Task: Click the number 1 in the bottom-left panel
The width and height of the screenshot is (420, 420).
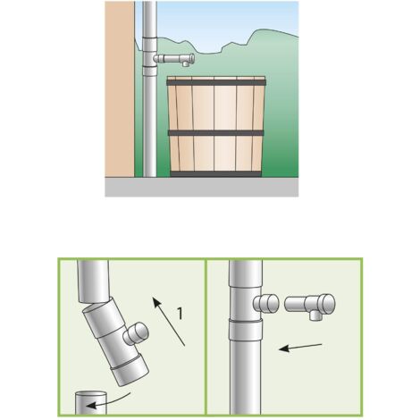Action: [180, 314]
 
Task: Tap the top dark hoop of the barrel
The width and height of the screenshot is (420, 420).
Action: [215, 82]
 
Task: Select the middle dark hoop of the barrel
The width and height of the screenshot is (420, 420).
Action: [216, 133]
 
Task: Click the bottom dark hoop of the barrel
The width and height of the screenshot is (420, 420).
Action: [215, 174]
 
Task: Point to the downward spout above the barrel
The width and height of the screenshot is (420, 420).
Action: [186, 63]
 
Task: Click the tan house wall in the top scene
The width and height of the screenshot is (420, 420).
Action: [120, 88]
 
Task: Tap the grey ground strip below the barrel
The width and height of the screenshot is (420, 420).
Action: [201, 187]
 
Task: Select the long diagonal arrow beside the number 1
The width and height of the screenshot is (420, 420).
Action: [169, 322]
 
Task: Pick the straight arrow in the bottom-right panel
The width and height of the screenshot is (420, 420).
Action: [300, 348]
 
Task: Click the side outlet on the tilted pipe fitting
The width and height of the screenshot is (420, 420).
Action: [136, 333]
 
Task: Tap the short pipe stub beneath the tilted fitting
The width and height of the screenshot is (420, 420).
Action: [90, 402]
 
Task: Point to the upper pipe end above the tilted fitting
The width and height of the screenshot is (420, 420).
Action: [93, 281]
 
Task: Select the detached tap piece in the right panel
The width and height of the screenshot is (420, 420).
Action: [310, 307]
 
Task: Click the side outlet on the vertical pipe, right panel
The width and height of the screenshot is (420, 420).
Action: [266, 303]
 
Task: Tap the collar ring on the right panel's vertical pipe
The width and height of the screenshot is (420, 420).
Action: [246, 330]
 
